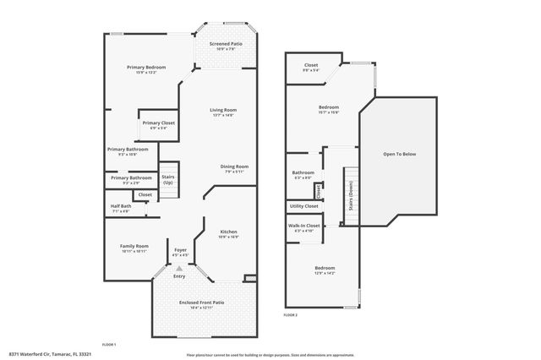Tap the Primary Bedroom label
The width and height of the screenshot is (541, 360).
click(146, 68)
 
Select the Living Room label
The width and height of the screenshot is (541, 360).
click(223, 110)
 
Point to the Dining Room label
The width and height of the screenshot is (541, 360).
click(234, 166)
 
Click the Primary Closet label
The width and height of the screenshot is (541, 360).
click(158, 123)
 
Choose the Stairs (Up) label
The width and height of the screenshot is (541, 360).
click(167, 179)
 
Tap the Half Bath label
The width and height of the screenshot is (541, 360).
click(121, 206)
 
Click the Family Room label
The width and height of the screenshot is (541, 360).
click(134, 246)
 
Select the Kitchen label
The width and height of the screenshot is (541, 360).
click(228, 232)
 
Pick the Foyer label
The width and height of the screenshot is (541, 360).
click(180, 250)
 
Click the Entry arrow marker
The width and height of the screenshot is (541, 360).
click(178, 269)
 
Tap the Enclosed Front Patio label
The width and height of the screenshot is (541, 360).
click(201, 303)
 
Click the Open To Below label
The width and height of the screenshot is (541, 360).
click(400, 155)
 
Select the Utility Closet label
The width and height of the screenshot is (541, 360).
click(303, 206)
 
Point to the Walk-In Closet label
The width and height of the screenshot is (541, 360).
click(304, 226)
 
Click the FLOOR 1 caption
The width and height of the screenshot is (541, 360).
click(108, 344)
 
